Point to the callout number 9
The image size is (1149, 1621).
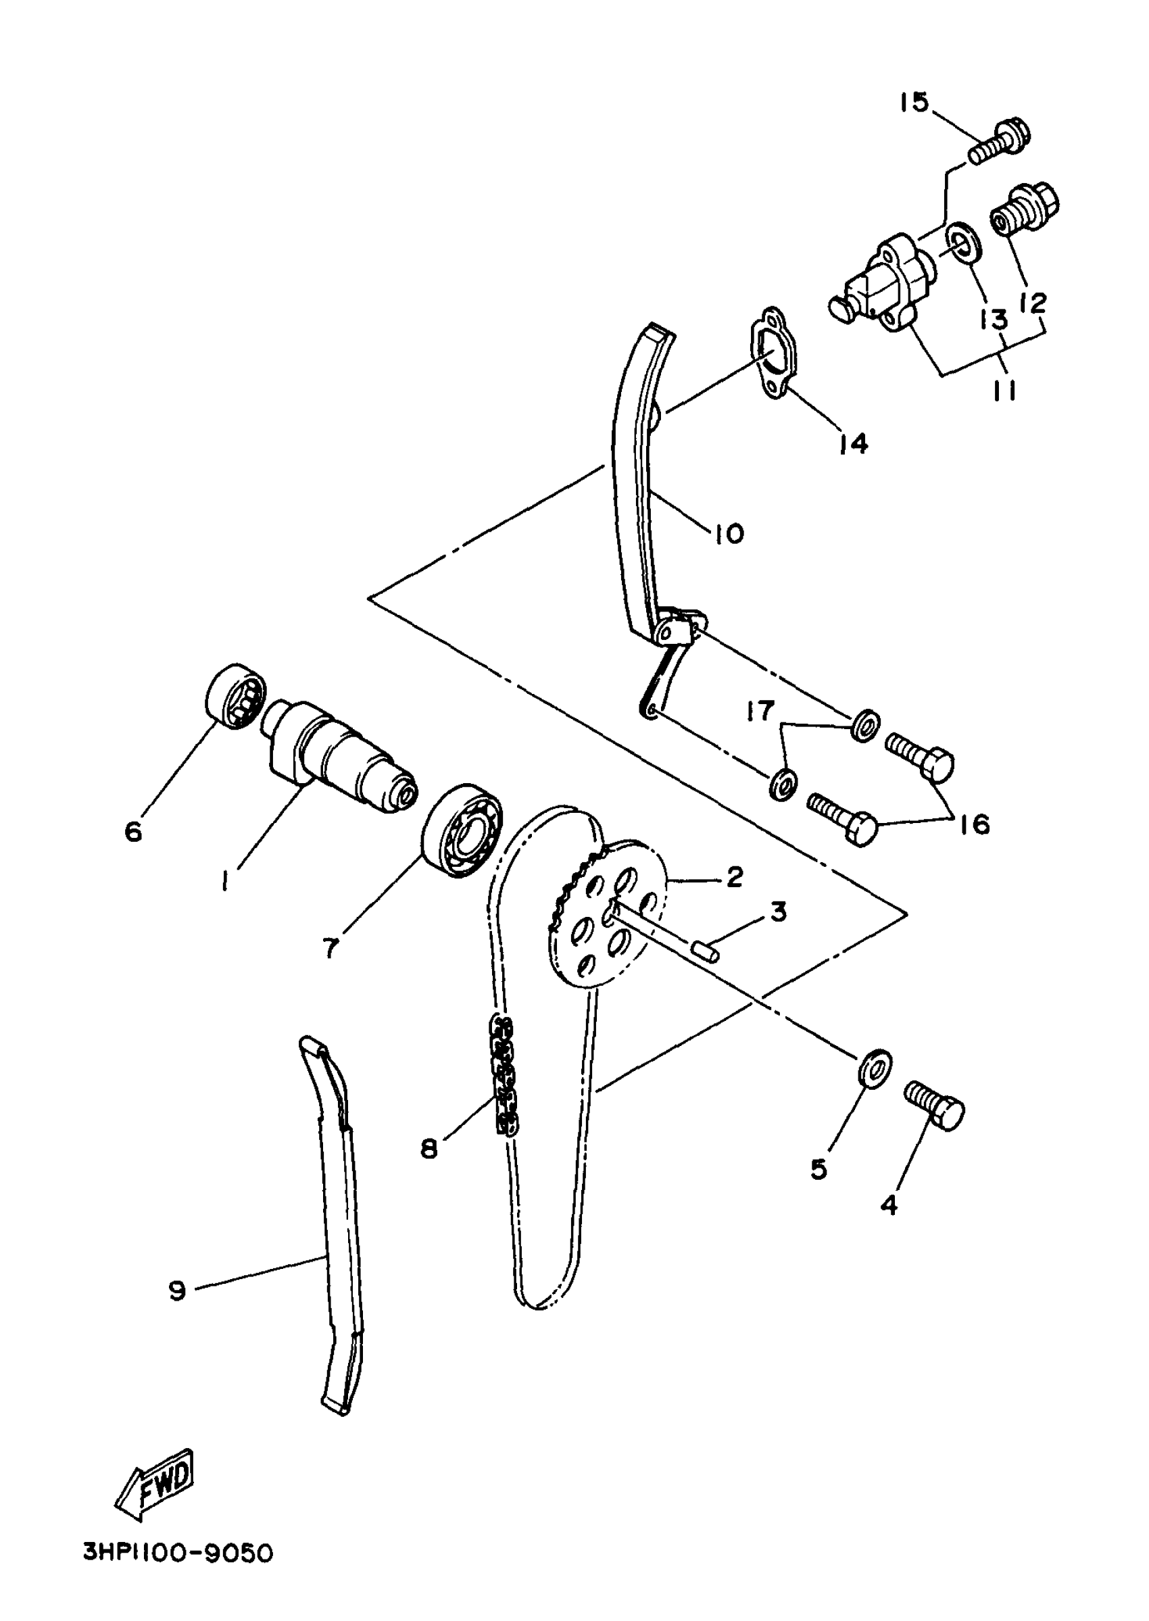point(178,1291)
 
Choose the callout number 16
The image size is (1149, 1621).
point(975,823)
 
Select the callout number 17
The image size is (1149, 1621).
point(760,710)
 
